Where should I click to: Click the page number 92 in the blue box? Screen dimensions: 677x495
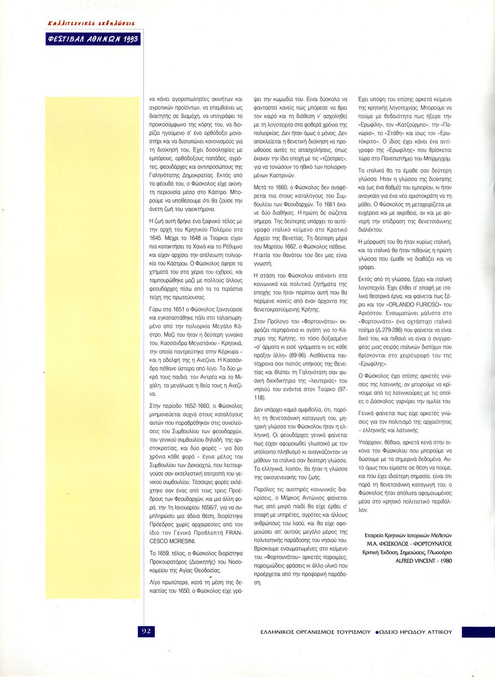click(x=146, y=631)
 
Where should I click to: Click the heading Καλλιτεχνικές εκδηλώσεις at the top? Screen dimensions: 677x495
click(x=91, y=23)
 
